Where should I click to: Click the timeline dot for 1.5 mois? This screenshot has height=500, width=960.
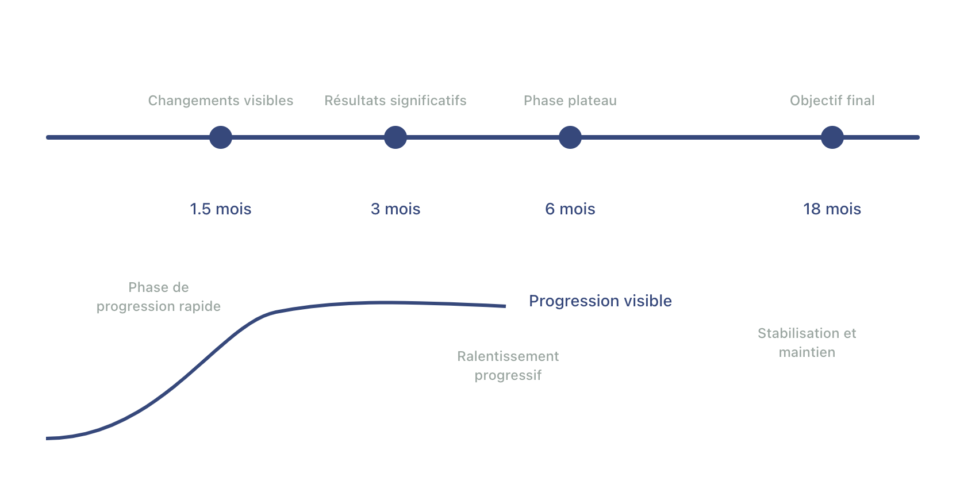(221, 137)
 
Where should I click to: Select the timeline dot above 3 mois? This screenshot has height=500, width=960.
(395, 137)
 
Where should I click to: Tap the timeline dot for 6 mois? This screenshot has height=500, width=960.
(570, 137)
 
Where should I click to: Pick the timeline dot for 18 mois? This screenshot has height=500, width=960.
(832, 137)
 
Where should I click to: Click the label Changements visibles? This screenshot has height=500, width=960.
(221, 101)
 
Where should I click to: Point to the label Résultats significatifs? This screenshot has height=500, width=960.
(395, 101)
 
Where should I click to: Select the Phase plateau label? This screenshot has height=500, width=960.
(570, 101)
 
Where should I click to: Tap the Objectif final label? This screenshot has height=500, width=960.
(832, 101)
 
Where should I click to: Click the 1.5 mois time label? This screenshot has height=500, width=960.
(221, 209)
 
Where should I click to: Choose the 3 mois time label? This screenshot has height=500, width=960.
(395, 209)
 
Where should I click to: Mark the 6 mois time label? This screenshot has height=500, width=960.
(570, 209)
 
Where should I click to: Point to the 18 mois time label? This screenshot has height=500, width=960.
(832, 209)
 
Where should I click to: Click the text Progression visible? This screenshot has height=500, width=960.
(600, 301)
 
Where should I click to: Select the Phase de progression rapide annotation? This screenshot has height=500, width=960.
(159, 297)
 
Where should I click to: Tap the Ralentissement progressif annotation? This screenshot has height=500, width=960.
(508, 366)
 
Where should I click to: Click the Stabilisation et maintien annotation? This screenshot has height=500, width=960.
(807, 343)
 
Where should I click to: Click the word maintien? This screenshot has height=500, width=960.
(807, 352)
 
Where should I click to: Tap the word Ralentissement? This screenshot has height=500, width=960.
(508, 356)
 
